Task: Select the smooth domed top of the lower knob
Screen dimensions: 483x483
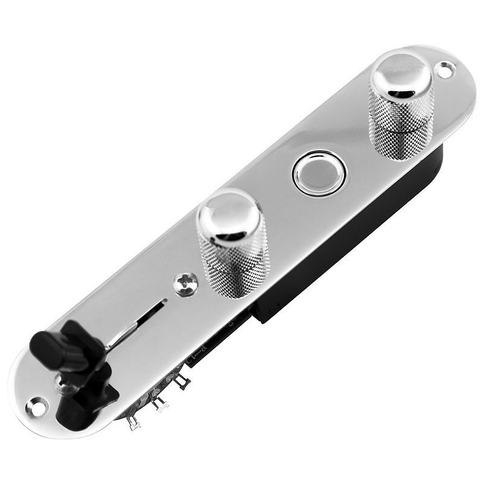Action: coord(229,217)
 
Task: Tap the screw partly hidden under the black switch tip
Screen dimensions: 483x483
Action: coord(64,383)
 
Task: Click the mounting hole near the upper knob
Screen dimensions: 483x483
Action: coord(446,69)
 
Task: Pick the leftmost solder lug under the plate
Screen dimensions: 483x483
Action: coord(133,422)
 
